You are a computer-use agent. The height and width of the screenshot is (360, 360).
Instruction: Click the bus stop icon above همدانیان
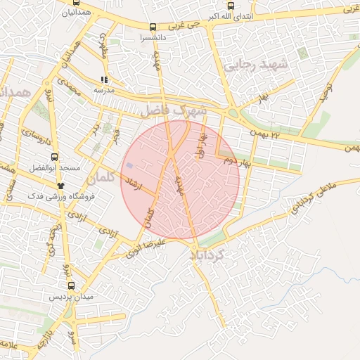[x=74, y=3]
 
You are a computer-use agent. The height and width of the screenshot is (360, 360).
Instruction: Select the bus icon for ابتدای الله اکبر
[x=231, y=6]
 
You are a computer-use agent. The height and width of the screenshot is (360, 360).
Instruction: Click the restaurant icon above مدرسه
[x=104, y=80]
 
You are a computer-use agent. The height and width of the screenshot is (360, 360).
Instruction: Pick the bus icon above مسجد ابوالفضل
[x=55, y=157]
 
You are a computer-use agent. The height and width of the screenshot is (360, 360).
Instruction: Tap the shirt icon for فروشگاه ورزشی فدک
[x=61, y=186]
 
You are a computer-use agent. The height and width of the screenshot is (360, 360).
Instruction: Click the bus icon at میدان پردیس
[x=71, y=285]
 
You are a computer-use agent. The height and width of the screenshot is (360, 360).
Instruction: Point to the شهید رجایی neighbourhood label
[x=256, y=65]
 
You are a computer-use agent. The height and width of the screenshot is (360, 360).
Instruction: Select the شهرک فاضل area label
[x=174, y=110]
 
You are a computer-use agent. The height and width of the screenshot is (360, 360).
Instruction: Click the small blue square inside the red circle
[x=129, y=165]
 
